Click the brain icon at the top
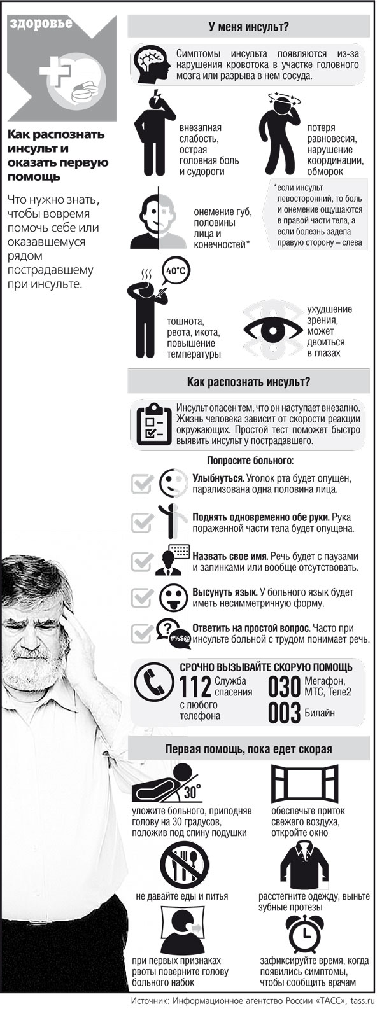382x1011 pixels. point(153,62)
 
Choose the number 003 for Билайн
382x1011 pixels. point(283,713)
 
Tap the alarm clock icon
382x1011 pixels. point(302,933)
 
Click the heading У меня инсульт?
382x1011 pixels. point(248,27)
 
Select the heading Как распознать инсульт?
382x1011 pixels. point(248,382)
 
